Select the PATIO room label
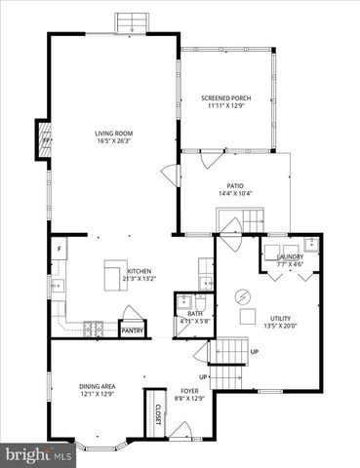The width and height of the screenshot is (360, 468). coord(235,185)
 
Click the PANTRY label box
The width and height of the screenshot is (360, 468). coord(132,331)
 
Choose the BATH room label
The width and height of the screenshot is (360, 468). coord(195,313)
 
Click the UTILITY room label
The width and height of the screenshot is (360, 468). coord(281,319)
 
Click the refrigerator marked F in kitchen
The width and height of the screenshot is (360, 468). coord(60,251)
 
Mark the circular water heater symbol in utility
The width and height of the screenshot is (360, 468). coord(245,295)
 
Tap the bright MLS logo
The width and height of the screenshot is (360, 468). coord(37,455)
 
